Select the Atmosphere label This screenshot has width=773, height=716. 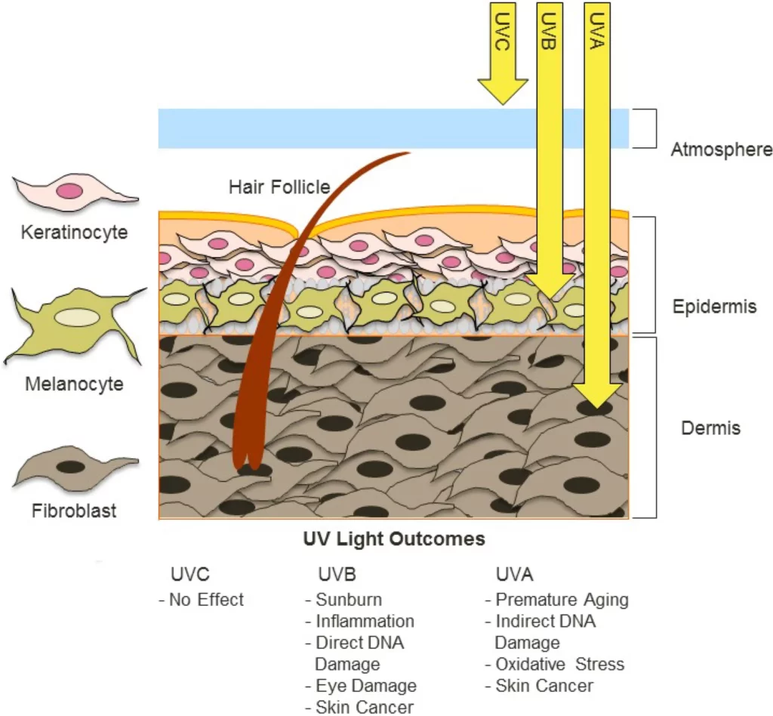[x=722, y=150]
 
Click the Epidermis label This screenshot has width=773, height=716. [x=714, y=307]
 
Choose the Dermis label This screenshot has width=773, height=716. [x=710, y=428]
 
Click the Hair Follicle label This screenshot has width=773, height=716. [x=279, y=187]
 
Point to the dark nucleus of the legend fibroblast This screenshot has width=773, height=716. [x=70, y=467]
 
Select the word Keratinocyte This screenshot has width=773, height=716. [x=74, y=232]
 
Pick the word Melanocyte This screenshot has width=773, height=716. [x=74, y=384]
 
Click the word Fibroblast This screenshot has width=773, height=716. [x=74, y=511]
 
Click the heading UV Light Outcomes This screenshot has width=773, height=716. [x=393, y=540]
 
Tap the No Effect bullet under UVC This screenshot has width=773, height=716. [x=202, y=600]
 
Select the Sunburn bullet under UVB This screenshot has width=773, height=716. [x=343, y=600]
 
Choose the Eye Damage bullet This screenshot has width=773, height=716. [x=361, y=686]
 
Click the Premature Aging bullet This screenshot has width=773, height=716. [x=556, y=600]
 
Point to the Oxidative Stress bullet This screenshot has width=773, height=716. [x=555, y=665]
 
